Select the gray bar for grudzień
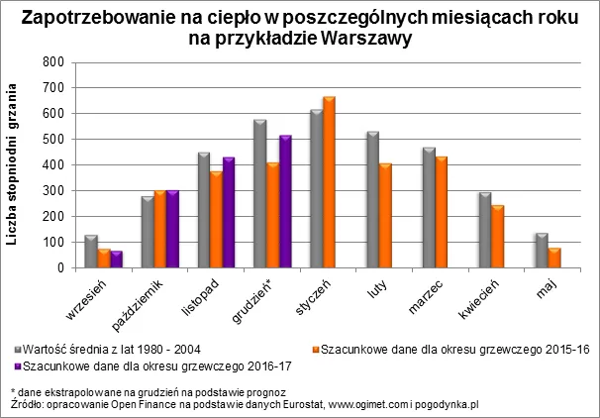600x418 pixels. coord(259,193)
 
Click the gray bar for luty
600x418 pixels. coord(372,199)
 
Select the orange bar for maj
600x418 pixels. coord(553,258)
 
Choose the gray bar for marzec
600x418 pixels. coord(429,207)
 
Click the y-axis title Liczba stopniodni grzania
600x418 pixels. coord(17,164)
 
